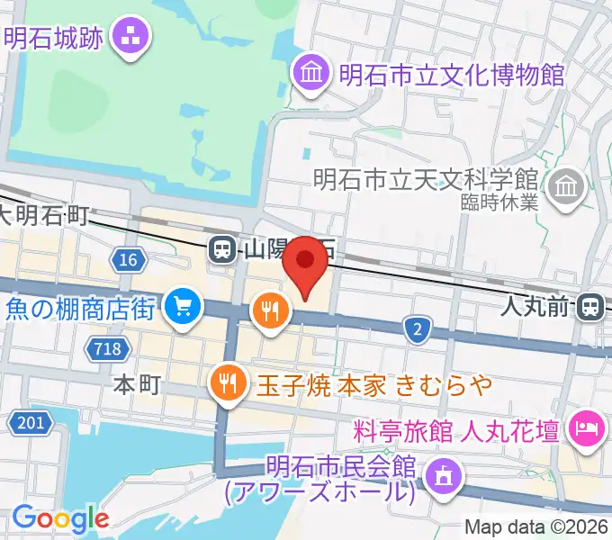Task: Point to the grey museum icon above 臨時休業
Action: pos(569,187)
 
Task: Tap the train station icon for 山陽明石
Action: pos(220,249)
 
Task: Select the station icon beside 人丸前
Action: pos(590,307)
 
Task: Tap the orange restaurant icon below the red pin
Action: pos(269,311)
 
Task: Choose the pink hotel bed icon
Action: pos(587,427)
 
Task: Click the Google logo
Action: pos(60,517)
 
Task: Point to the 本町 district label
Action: pos(138,385)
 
